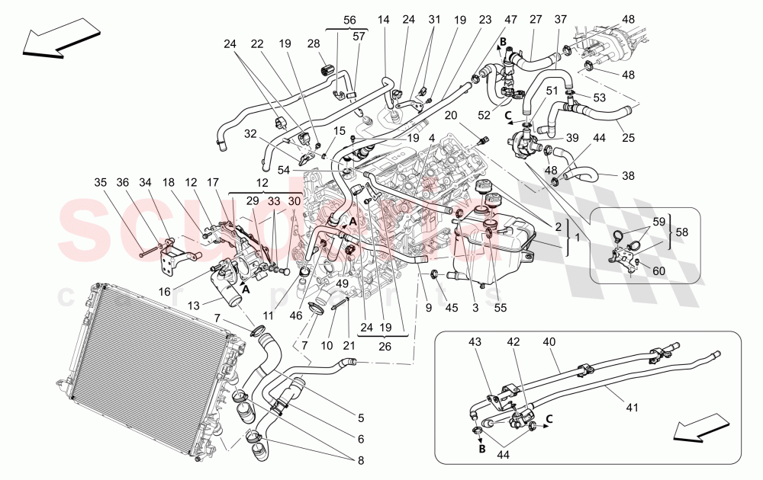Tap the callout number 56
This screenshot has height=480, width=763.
pyautogui.click(x=349, y=20)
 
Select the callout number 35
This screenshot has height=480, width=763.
pyautogui.click(x=101, y=182)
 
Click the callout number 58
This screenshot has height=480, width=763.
pyautogui.click(x=683, y=232)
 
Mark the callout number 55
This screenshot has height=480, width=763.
pyautogui.click(x=499, y=308)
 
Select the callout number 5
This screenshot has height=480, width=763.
pyautogui.click(x=361, y=417)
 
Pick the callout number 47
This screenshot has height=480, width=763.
pyautogui.click(x=508, y=20)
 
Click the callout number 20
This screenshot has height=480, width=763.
pyautogui.click(x=451, y=114)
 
